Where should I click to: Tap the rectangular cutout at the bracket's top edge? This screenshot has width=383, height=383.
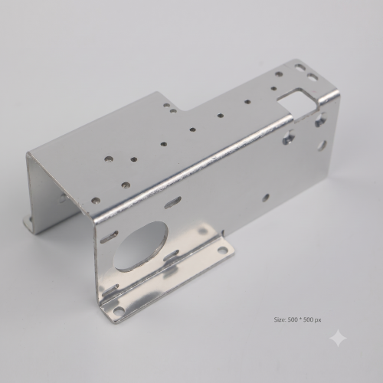(x=298, y=103)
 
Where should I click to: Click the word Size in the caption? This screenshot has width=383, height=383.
(x=280, y=319)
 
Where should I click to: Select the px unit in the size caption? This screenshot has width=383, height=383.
(x=318, y=320)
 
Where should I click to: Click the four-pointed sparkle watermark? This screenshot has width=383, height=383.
(x=338, y=338)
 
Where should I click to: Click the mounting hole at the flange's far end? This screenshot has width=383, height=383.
(x=222, y=249)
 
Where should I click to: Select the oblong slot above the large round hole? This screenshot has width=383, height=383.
(x=173, y=202)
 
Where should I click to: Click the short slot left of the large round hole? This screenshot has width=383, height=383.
(x=110, y=237)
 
